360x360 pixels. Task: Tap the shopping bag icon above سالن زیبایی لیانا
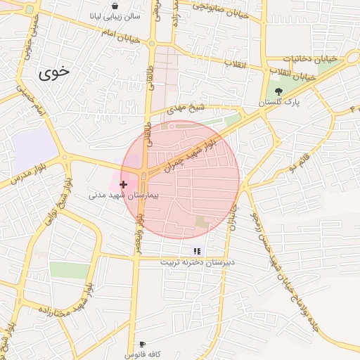tap(115, 6)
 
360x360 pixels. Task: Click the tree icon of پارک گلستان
tap(278, 91)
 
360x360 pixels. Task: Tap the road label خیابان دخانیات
tap(311, 59)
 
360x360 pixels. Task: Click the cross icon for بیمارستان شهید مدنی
tap(124, 184)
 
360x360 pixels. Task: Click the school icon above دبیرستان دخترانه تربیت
tap(197, 251)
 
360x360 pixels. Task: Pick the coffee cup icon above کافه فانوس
tap(143, 344)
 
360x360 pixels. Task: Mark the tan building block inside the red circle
tap(203, 222)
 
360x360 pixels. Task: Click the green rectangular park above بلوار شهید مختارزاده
tap(70, 270)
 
